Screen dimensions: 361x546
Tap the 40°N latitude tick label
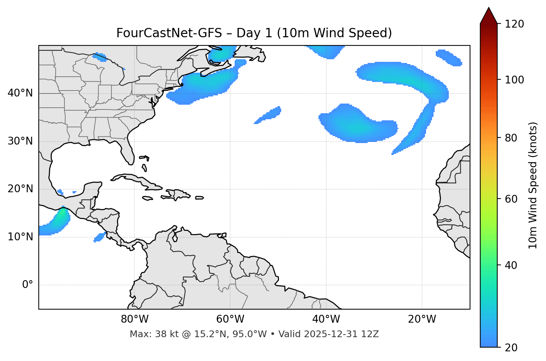pyautogui.click(x=20, y=93)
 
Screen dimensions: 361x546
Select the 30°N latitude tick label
pyautogui.click(x=20, y=141)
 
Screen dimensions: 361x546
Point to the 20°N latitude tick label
pyautogui.click(x=20, y=189)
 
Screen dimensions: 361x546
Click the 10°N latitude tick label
pyautogui.click(x=20, y=237)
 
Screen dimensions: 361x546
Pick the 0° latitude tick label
pyautogui.click(x=28, y=285)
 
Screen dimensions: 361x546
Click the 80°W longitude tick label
pyautogui.click(x=134, y=319)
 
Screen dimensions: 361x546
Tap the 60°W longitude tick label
pyautogui.click(x=230, y=319)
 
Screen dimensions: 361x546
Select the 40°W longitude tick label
pyautogui.click(x=326, y=319)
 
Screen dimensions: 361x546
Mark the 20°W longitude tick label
pyautogui.click(x=422, y=319)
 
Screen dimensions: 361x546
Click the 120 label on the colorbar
pyautogui.click(x=514, y=24)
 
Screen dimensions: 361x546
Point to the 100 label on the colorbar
pyautogui.click(x=514, y=80)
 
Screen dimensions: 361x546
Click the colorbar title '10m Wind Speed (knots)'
pyautogui.click(x=533, y=185)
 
